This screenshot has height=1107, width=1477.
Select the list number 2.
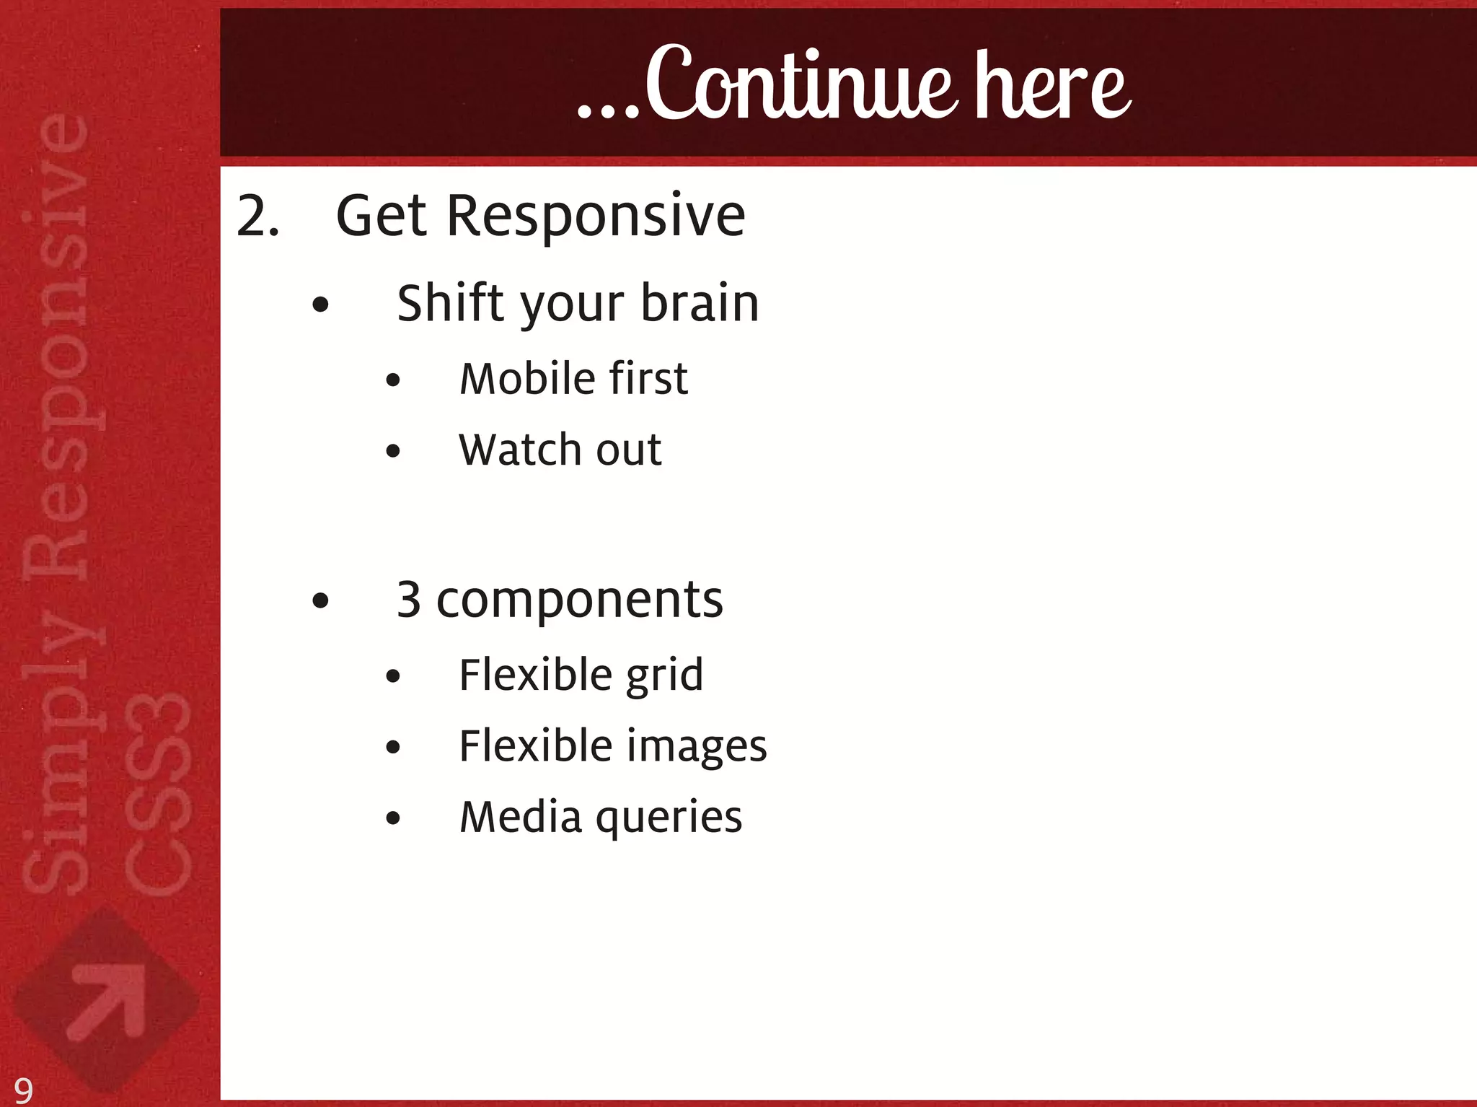[257, 216]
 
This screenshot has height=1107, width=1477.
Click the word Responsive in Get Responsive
[596, 216]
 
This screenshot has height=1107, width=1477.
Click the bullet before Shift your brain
[321, 305]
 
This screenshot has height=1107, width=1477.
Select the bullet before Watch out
[393, 452]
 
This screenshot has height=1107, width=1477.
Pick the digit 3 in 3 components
[409, 600]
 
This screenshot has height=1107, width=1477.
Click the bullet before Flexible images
[393, 748]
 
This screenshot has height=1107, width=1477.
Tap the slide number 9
[23, 1090]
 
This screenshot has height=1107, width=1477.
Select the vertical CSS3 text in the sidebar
[157, 794]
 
